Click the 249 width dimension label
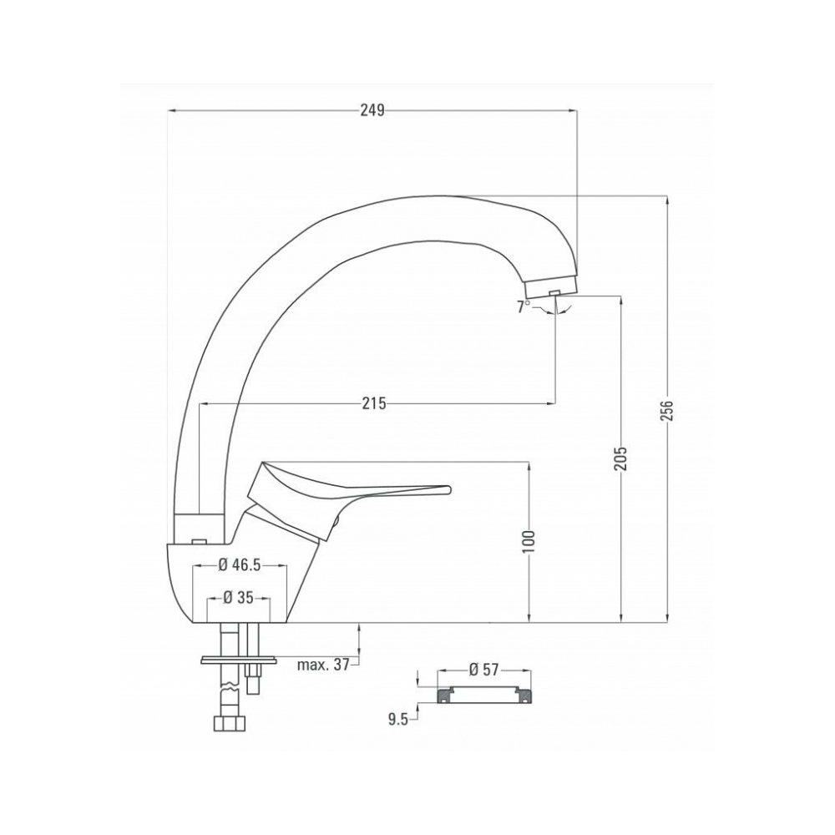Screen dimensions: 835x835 click(372, 110)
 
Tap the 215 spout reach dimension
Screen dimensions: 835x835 click(374, 403)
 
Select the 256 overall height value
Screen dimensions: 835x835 click(667, 411)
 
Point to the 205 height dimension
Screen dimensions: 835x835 click(621, 457)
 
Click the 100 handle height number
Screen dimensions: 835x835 click(529, 542)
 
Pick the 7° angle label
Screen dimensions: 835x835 click(524, 306)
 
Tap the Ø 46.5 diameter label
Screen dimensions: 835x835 click(240, 565)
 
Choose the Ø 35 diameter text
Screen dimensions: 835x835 click(238, 598)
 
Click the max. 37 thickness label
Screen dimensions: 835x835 click(323, 665)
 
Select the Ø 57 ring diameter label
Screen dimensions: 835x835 click(483, 670)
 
